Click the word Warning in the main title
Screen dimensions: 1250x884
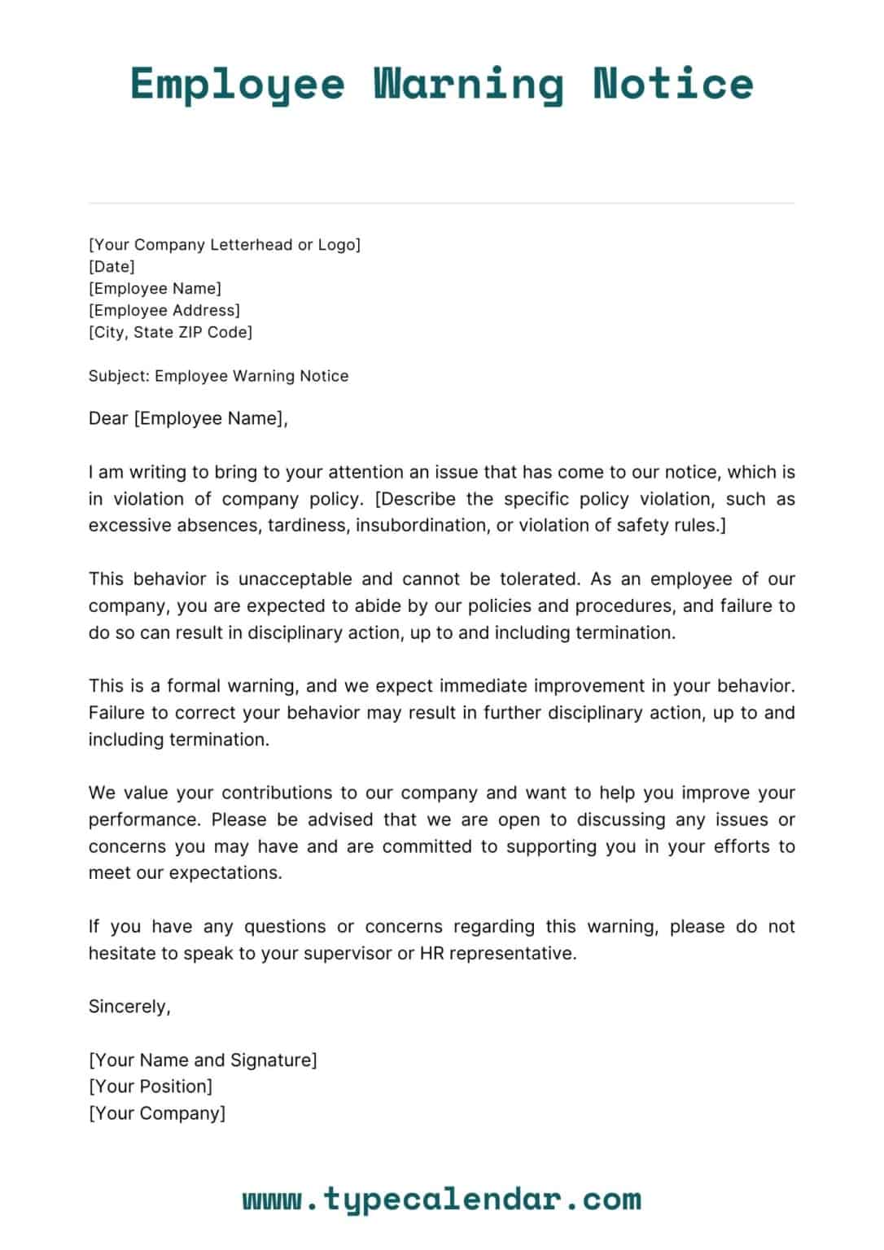pyautogui.click(x=468, y=85)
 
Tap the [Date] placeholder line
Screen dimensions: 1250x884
pyautogui.click(x=112, y=266)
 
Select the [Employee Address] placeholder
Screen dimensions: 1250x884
pyautogui.click(x=164, y=310)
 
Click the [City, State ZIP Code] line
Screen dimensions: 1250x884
pyautogui.click(x=170, y=332)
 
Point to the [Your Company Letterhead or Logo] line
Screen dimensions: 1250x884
pyautogui.click(x=224, y=244)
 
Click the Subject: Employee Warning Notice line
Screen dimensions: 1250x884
pyautogui.click(x=218, y=376)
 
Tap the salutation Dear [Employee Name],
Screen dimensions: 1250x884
pyautogui.click(x=188, y=418)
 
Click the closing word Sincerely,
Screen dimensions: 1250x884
pyautogui.click(x=129, y=1007)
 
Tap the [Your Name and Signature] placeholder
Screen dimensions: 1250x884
pyautogui.click(x=203, y=1060)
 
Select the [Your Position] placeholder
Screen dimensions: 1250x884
pyautogui.click(x=151, y=1086)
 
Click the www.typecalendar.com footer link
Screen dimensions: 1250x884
pyautogui.click(x=442, y=1200)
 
